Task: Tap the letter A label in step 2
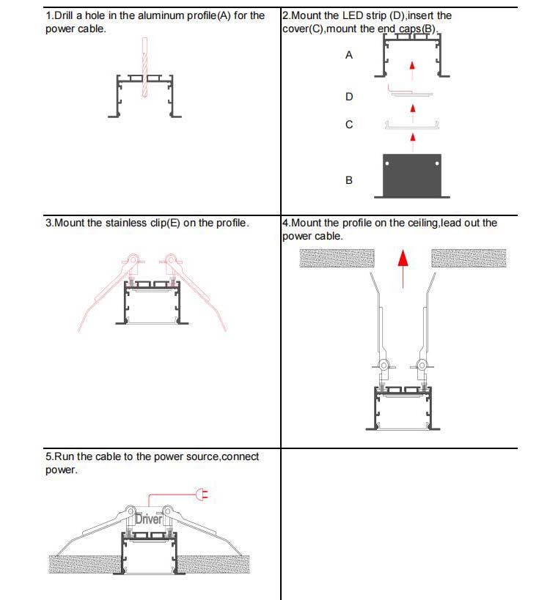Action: (349, 55)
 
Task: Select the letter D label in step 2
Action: (349, 97)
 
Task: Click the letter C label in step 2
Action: (349, 125)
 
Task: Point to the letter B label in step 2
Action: (349, 179)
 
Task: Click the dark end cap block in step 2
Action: (412, 176)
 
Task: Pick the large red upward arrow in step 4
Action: (403, 268)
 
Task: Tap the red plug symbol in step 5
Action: (200, 496)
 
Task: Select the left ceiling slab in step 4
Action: (337, 258)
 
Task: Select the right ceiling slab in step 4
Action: (469, 258)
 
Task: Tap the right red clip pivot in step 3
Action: (171, 259)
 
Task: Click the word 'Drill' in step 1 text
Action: (64, 15)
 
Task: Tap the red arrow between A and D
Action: (412, 68)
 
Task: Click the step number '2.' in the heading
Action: (286, 15)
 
